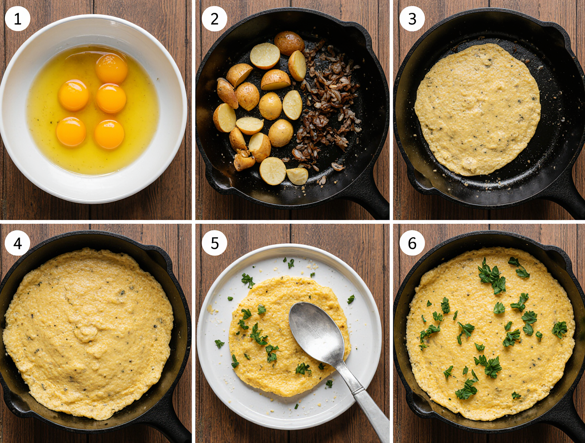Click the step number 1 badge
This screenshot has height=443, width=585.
[18, 19]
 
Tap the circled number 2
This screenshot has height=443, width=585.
[214, 19]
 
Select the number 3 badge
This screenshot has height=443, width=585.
[412, 19]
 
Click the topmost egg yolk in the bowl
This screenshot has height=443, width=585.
[111, 68]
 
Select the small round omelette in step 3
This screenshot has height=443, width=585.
[477, 109]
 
